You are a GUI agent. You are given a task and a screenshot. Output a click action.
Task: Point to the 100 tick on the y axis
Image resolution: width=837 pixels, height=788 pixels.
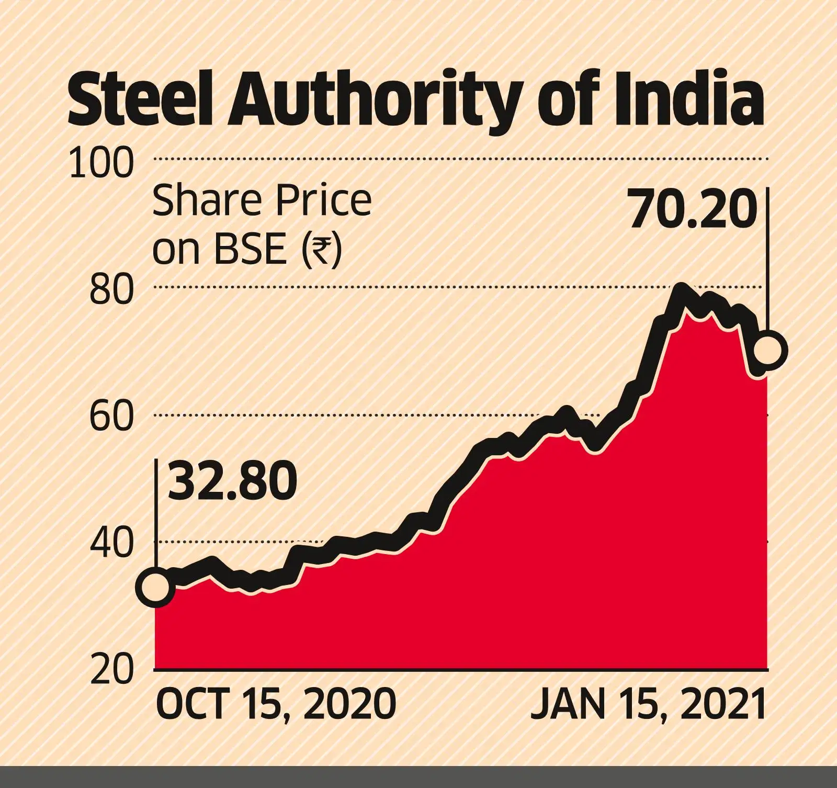(101, 162)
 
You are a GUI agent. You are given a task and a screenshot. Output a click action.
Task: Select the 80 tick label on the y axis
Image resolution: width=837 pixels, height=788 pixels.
(111, 290)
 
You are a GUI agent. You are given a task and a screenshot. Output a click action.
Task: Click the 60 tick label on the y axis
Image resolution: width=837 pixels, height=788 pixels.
(111, 417)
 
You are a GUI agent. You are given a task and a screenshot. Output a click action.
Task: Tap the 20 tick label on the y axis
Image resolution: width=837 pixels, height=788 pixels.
(111, 670)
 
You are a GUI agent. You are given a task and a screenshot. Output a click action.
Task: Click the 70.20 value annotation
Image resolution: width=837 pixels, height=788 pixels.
(693, 209)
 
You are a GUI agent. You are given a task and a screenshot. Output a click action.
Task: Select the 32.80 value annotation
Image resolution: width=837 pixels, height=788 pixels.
(233, 481)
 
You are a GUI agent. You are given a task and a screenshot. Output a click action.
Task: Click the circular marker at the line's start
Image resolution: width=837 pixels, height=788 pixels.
(155, 587)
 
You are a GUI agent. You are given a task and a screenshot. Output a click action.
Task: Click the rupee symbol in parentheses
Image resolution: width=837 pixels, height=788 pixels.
(321, 249)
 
